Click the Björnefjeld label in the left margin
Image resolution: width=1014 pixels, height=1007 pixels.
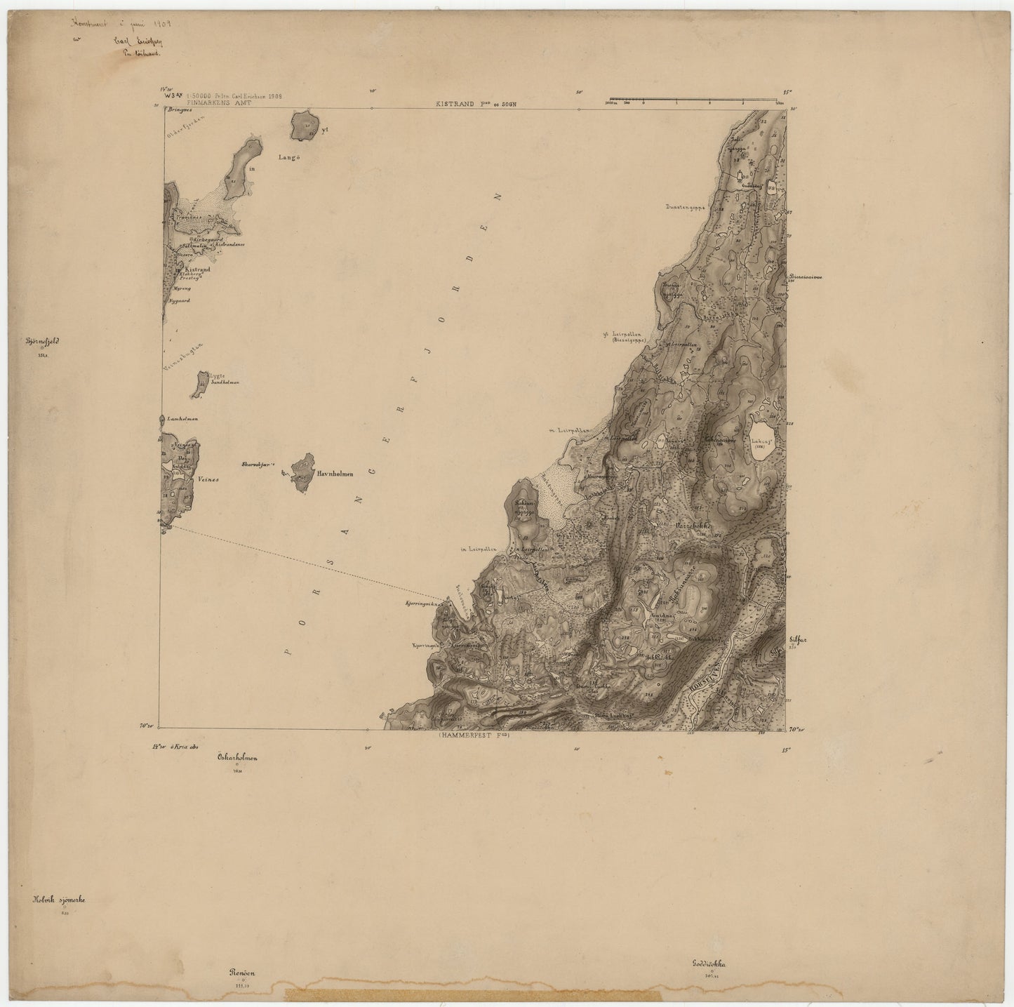43,343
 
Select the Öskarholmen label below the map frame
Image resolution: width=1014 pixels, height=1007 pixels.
238,758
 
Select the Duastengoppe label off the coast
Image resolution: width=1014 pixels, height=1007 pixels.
685,208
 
